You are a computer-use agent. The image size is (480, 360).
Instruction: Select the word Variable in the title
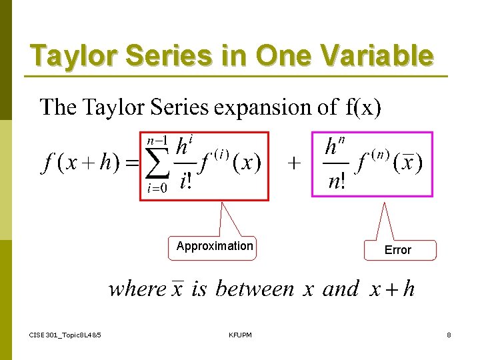(380, 56)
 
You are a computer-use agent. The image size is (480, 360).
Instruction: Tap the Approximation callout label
(215, 246)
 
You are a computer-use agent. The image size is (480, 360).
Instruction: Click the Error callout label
(398, 250)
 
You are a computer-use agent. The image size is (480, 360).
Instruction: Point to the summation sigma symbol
(157, 165)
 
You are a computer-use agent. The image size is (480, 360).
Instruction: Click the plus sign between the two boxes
(293, 164)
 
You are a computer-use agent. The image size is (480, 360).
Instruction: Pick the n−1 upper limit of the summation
(157, 141)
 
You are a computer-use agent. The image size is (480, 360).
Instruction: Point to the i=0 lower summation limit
(157, 189)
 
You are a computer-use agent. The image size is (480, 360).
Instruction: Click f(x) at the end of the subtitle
(363, 107)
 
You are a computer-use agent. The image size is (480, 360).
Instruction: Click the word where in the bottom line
(137, 289)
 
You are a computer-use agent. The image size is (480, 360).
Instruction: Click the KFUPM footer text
(240, 335)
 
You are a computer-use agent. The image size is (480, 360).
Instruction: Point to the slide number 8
(449, 335)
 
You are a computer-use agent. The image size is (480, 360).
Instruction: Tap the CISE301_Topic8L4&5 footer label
(65, 335)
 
